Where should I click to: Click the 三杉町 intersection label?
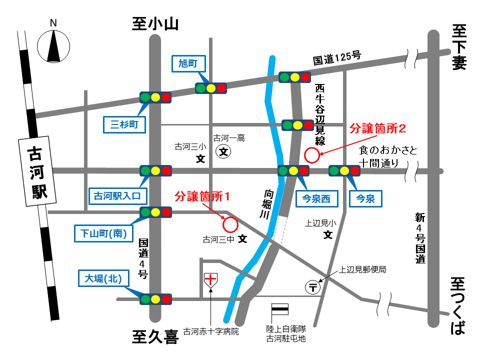coord(124,124)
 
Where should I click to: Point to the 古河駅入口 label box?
coord(118,195)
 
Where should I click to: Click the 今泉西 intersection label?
coord(316,199)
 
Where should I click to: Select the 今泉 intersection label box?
coord(365,199)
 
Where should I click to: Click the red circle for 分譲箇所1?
coord(230,224)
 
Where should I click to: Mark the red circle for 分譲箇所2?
coord(312,155)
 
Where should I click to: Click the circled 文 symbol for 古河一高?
coord(223,151)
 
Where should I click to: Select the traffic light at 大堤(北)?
coord(156,299)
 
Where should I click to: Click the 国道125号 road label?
coord(337,59)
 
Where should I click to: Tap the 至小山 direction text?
coord(155,23)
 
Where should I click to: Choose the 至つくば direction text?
coord(458,305)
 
